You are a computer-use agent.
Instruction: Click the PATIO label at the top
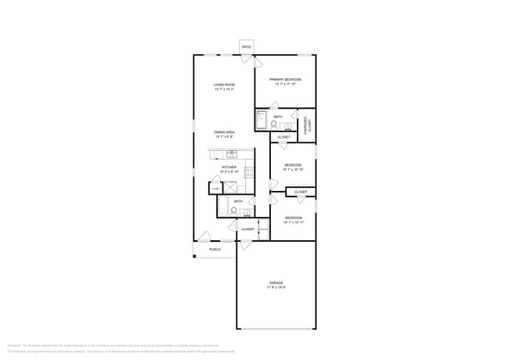click(246, 47)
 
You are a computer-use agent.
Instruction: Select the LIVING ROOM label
click(224, 85)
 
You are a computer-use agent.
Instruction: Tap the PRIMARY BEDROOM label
click(285, 80)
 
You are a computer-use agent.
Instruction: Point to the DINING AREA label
click(224, 132)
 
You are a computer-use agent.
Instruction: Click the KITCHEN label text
click(229, 167)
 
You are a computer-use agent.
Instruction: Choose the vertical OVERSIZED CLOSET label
click(307, 124)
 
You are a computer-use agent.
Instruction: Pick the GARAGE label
click(276, 283)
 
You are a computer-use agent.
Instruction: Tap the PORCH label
click(215, 250)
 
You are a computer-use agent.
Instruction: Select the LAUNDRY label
click(247, 229)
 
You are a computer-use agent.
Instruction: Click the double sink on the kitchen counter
click(232, 154)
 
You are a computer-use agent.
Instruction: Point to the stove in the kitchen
click(248, 172)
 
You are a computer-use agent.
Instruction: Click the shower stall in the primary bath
click(262, 120)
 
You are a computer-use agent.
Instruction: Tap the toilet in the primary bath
click(274, 124)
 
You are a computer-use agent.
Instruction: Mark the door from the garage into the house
click(245, 245)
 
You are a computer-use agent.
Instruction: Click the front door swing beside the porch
click(204, 236)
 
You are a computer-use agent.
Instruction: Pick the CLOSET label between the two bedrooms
click(301, 192)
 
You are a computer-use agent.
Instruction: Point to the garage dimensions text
click(276, 287)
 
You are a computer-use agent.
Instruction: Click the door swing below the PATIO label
click(247, 59)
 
